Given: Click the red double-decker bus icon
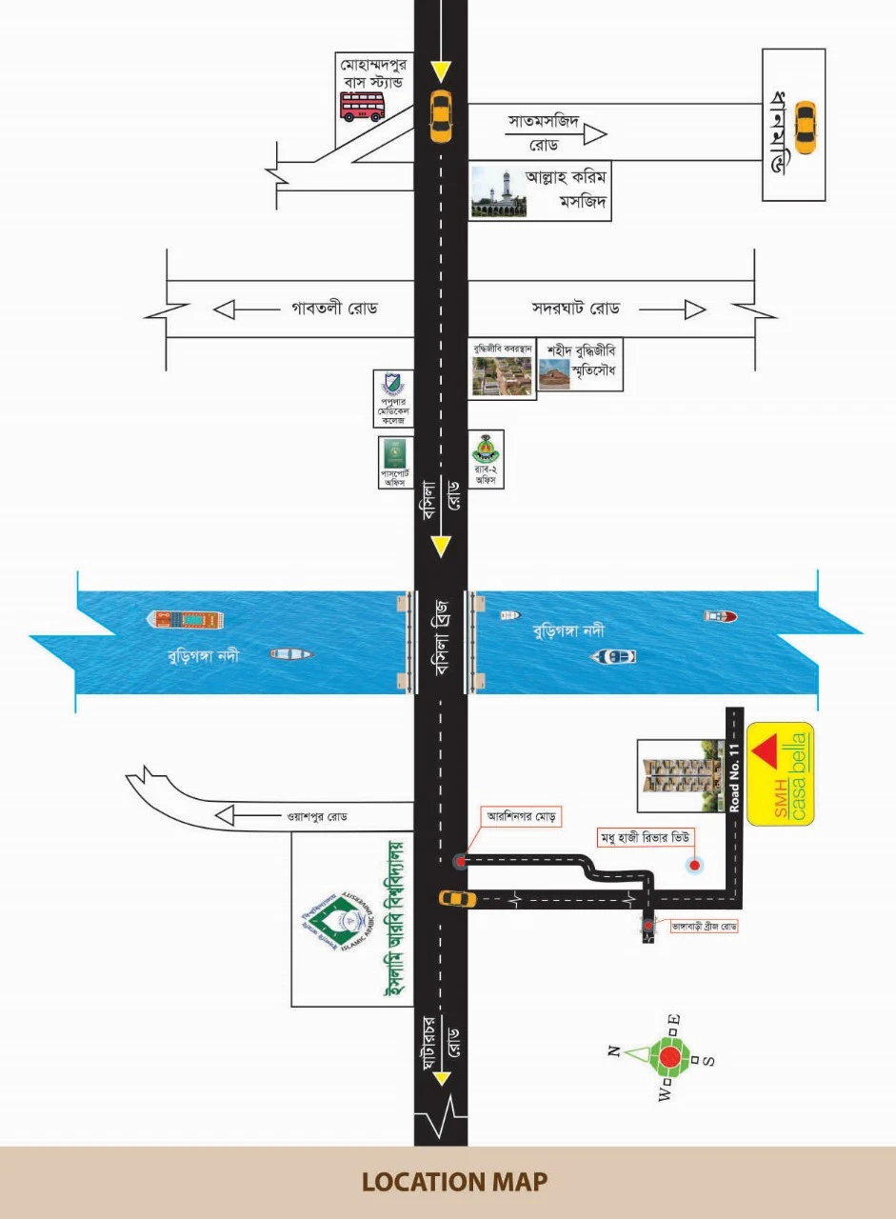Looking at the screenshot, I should point(363,105).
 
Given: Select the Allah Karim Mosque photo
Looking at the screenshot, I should point(498,194).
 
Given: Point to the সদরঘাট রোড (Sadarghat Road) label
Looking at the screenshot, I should point(576,310).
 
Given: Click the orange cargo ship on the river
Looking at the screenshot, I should point(187,620).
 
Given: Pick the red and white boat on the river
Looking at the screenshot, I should point(720,616).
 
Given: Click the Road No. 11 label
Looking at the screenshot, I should point(734,777).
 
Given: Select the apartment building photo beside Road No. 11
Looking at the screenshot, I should point(679,776).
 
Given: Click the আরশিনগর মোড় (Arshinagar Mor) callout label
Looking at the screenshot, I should point(523,816).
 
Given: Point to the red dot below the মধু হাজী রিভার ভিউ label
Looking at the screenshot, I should point(695,865).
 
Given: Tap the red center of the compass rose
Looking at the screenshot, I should point(670,1056).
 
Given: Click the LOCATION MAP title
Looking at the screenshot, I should point(454,1182).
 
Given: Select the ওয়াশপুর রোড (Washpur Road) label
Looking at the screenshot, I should point(319,816).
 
